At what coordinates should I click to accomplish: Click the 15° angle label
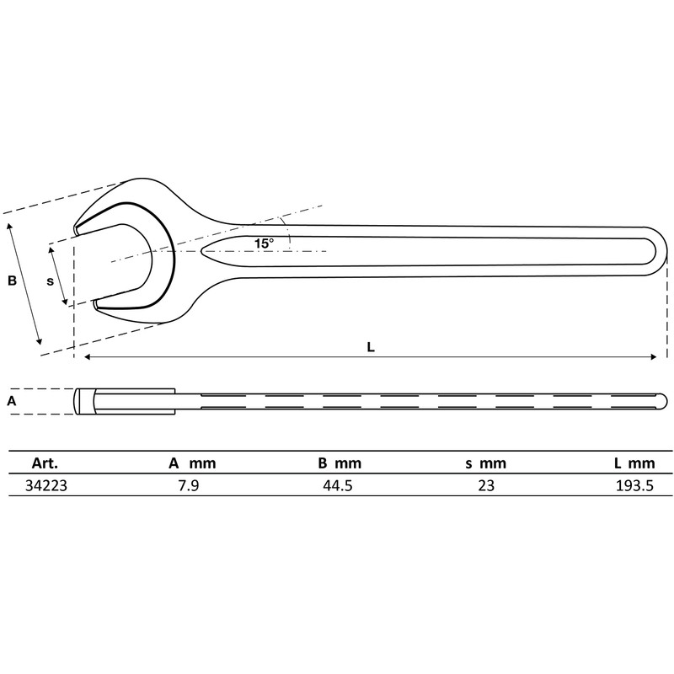264,243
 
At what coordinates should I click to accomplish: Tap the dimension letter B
12,281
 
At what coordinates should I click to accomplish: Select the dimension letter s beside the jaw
50,281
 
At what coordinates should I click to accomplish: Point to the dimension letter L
371,346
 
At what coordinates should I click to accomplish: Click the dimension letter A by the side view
11,401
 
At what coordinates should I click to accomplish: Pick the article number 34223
48,485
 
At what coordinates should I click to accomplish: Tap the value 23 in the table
485,485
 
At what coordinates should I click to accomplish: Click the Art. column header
44,463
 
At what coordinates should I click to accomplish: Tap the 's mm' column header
486,463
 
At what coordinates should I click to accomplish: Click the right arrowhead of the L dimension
654,357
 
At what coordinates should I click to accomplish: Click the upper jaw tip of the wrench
77,228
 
